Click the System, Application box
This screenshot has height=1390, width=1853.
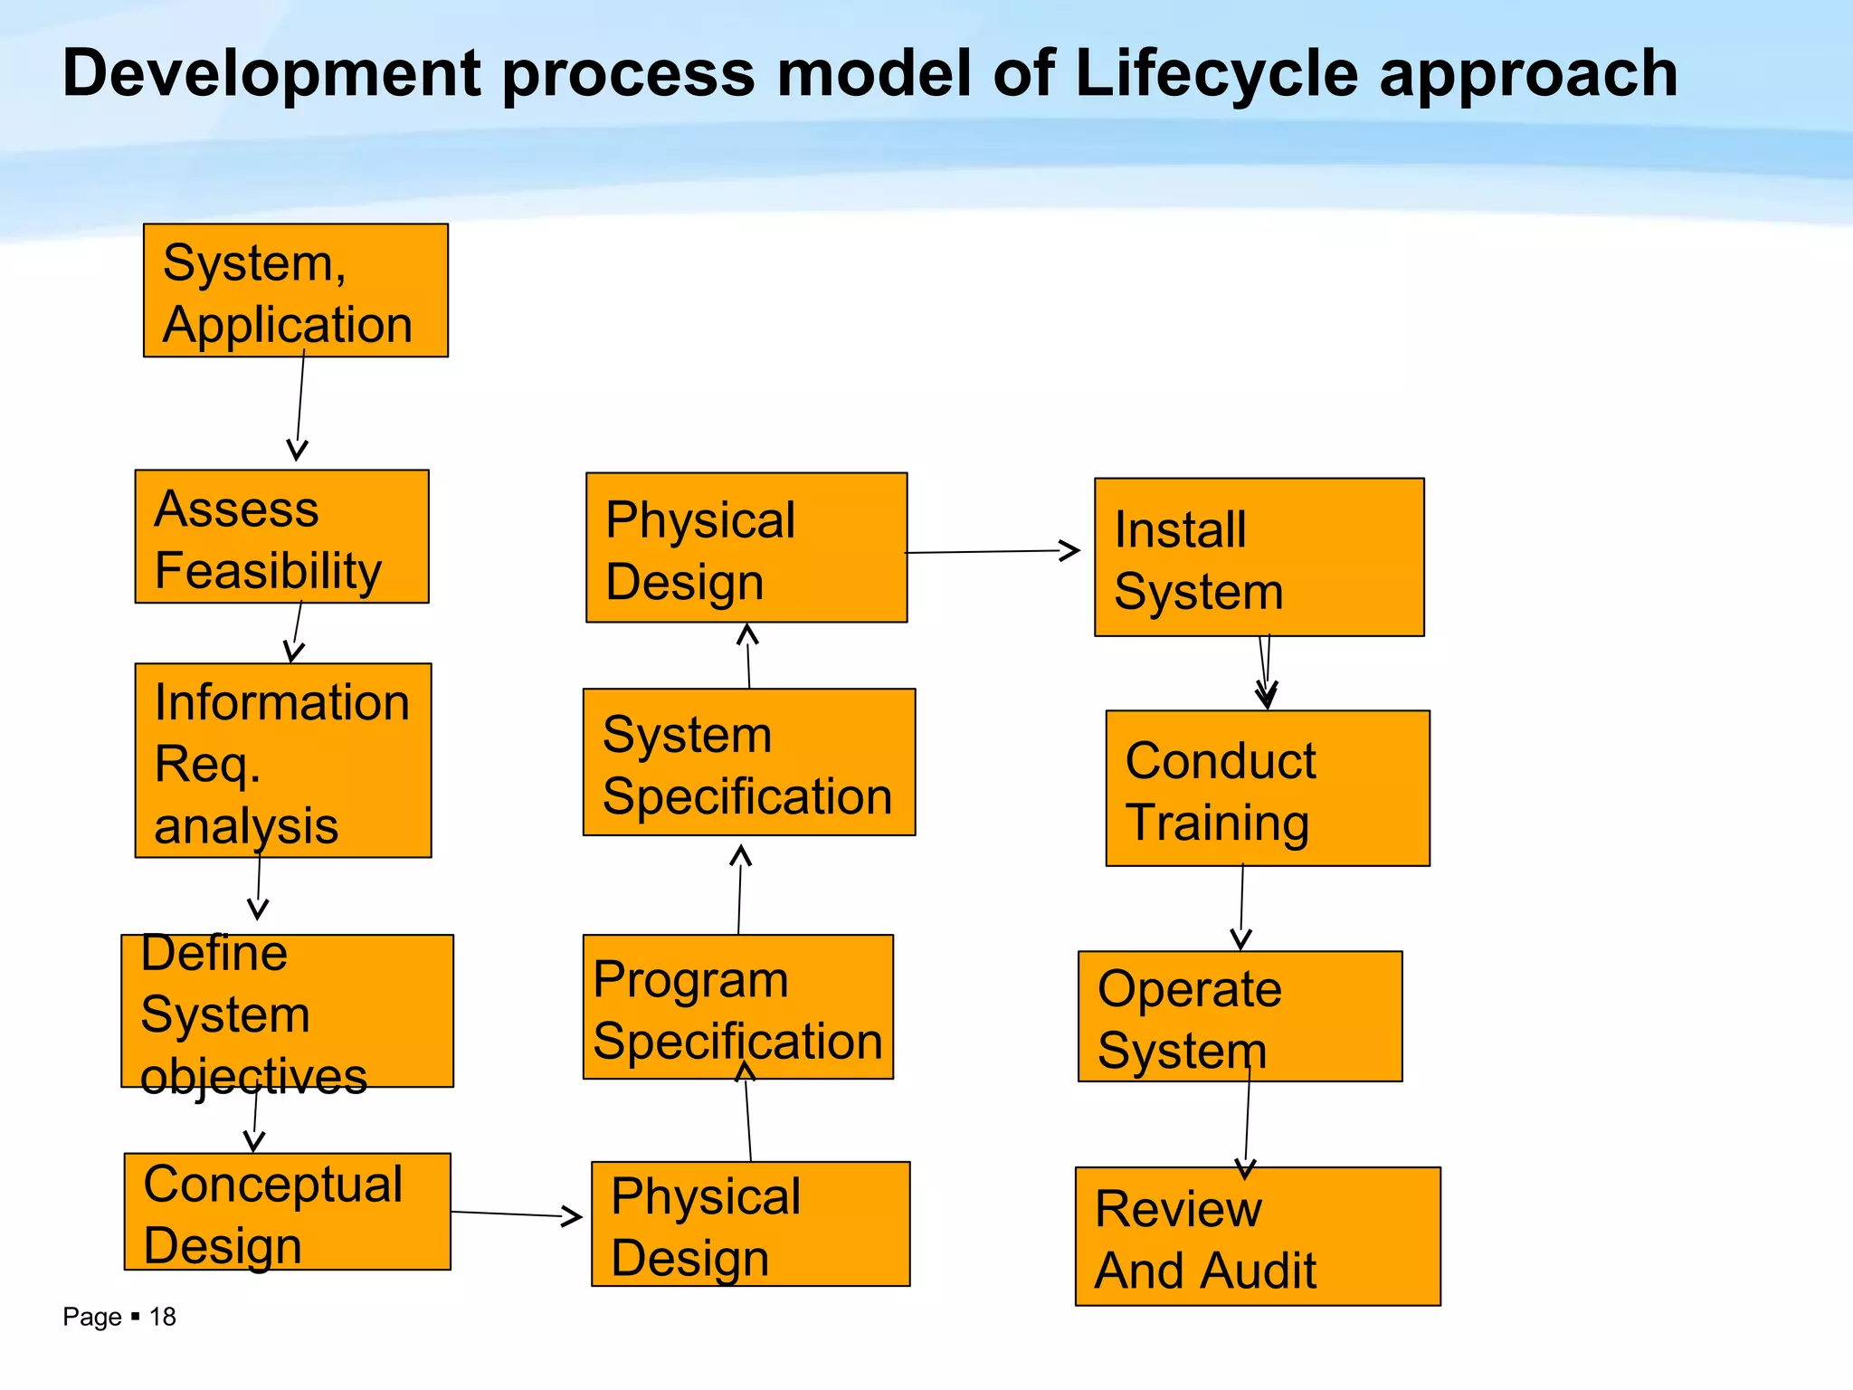295,290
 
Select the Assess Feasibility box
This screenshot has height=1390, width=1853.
281,537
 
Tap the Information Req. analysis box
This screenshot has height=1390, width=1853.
282,760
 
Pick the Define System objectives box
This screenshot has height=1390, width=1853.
287,1011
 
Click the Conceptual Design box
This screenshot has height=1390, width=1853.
287,1212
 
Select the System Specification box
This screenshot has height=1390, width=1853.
748,762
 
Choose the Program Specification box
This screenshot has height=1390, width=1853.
737,1007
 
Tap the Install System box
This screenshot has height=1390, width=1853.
1259,557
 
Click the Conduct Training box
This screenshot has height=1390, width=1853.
1267,788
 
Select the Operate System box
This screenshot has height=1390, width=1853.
1240,1016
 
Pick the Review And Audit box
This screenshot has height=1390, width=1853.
1257,1236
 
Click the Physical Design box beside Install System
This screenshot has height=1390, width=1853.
746,547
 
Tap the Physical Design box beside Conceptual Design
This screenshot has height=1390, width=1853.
750,1224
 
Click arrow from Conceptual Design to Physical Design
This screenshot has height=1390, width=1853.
516,1214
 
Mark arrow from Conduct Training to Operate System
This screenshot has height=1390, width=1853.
1241,905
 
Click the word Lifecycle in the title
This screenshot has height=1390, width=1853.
1216,73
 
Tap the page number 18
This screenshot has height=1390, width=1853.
162,1317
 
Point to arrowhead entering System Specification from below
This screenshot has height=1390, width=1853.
741,854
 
